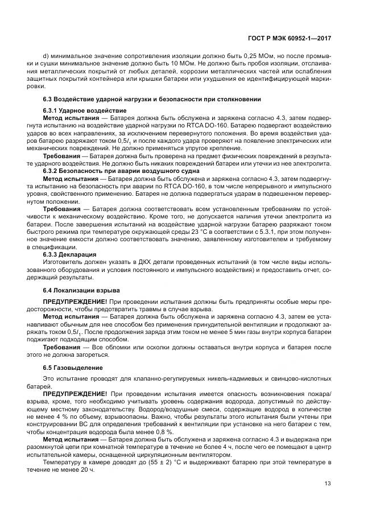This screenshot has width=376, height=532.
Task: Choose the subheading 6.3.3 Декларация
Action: click(x=70, y=254)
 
